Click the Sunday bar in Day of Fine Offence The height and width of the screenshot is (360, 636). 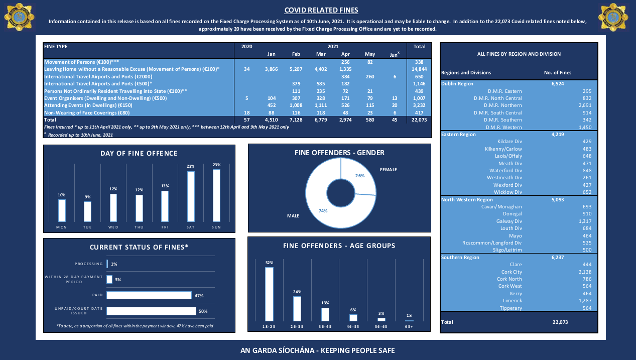point(216,195)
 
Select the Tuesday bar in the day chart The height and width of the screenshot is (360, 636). point(88,211)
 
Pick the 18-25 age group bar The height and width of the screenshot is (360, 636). point(269,294)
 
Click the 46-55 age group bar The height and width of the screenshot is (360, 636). point(353,317)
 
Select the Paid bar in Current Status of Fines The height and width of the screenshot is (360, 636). point(149,295)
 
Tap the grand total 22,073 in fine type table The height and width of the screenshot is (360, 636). point(419,120)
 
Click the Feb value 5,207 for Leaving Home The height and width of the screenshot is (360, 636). point(296,69)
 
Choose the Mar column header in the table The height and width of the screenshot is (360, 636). point(321,54)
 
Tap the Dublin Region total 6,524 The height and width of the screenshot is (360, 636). point(558,84)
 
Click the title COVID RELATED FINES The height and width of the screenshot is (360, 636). point(321,10)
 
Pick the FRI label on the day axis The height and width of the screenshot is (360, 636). point(164,227)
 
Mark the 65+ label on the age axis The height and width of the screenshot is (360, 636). point(409,327)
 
